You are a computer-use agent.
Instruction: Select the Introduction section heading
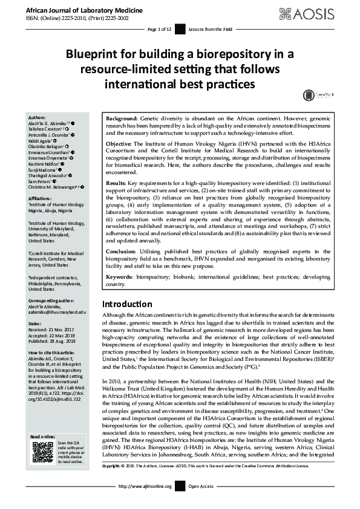point(127,303)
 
